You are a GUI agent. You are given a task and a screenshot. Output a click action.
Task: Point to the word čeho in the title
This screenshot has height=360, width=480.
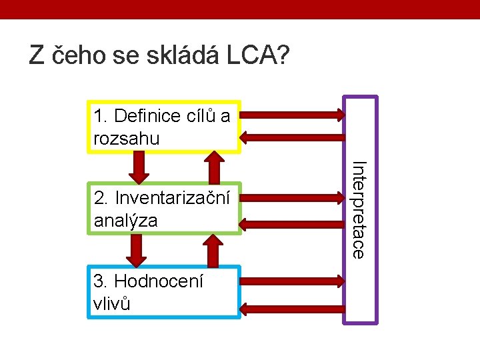73,56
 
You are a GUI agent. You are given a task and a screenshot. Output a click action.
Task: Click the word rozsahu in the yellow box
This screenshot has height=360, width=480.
127,139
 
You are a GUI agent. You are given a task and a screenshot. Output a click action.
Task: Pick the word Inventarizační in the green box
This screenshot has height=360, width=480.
173,197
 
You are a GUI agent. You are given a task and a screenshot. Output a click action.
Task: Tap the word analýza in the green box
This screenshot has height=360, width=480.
126,220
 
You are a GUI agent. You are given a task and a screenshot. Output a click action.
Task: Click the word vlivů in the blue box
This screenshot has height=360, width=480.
112,304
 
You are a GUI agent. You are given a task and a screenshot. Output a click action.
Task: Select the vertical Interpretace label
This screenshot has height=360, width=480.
359,209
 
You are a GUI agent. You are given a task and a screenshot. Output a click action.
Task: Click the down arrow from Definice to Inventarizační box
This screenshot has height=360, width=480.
139,167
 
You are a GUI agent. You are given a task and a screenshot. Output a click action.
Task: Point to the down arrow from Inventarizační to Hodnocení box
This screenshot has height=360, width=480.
138,250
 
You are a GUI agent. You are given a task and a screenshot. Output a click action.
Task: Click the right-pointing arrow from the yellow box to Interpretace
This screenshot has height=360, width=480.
293,115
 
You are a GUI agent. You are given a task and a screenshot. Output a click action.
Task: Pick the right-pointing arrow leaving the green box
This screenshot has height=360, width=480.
293,197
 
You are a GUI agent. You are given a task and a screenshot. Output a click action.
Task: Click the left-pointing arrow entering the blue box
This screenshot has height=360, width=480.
293,308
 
